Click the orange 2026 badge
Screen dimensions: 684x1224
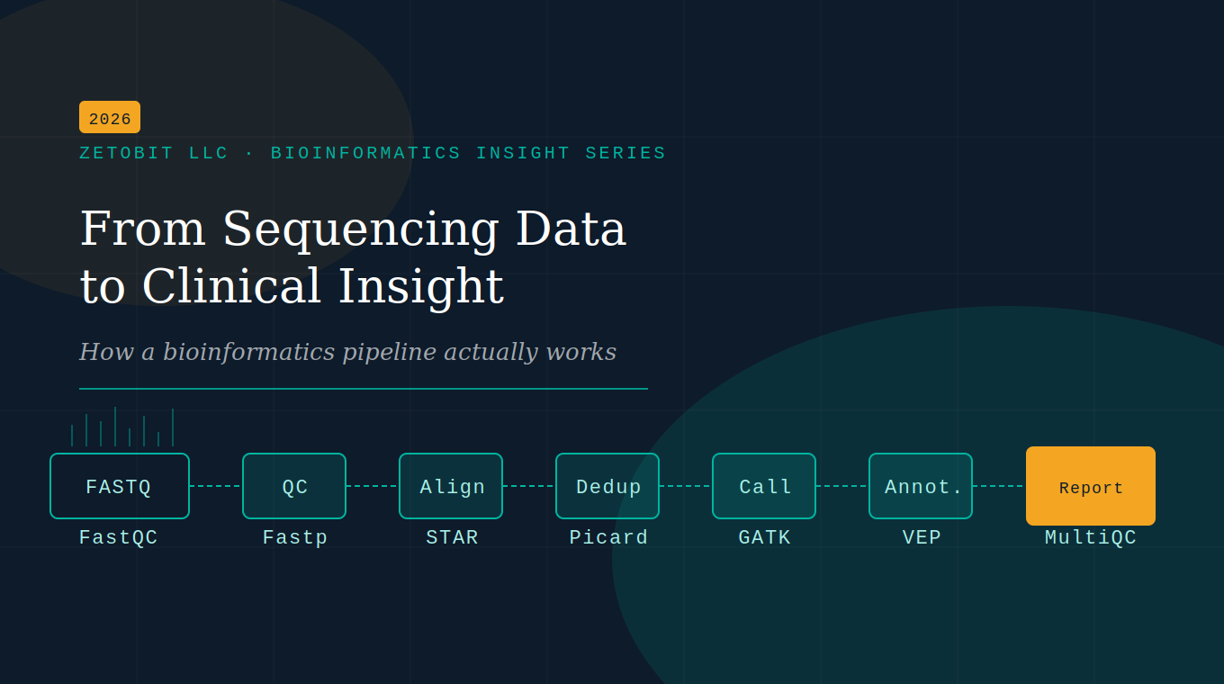pyautogui.click(x=110, y=118)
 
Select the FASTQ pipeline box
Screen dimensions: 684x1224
pyautogui.click(x=120, y=486)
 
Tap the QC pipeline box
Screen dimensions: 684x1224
pyautogui.click(x=294, y=486)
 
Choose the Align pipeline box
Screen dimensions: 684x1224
pyautogui.click(x=451, y=486)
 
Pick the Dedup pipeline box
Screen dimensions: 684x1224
pyautogui.click(x=607, y=486)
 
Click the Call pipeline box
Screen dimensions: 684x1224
pyautogui.click(x=764, y=486)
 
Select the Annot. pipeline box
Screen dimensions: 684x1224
pyautogui.click(x=921, y=486)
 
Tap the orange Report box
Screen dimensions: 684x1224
pyautogui.click(x=1091, y=486)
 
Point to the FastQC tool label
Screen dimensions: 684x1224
pyautogui.click(x=119, y=537)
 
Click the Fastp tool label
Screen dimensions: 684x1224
pyautogui.click(x=294, y=537)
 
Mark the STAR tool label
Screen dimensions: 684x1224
pyautogui.click(x=452, y=537)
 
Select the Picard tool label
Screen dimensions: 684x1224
pyautogui.click(x=608, y=537)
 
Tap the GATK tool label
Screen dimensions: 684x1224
pyautogui.click(x=764, y=537)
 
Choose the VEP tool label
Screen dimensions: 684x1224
pyautogui.click(x=922, y=537)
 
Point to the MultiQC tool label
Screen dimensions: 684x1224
pyautogui.click(x=1091, y=537)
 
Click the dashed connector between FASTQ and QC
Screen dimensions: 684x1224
pyautogui.click(x=216, y=486)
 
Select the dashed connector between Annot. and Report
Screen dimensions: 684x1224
pyautogui.click(x=999, y=486)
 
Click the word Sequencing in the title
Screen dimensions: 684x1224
pyautogui.click(x=360, y=229)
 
